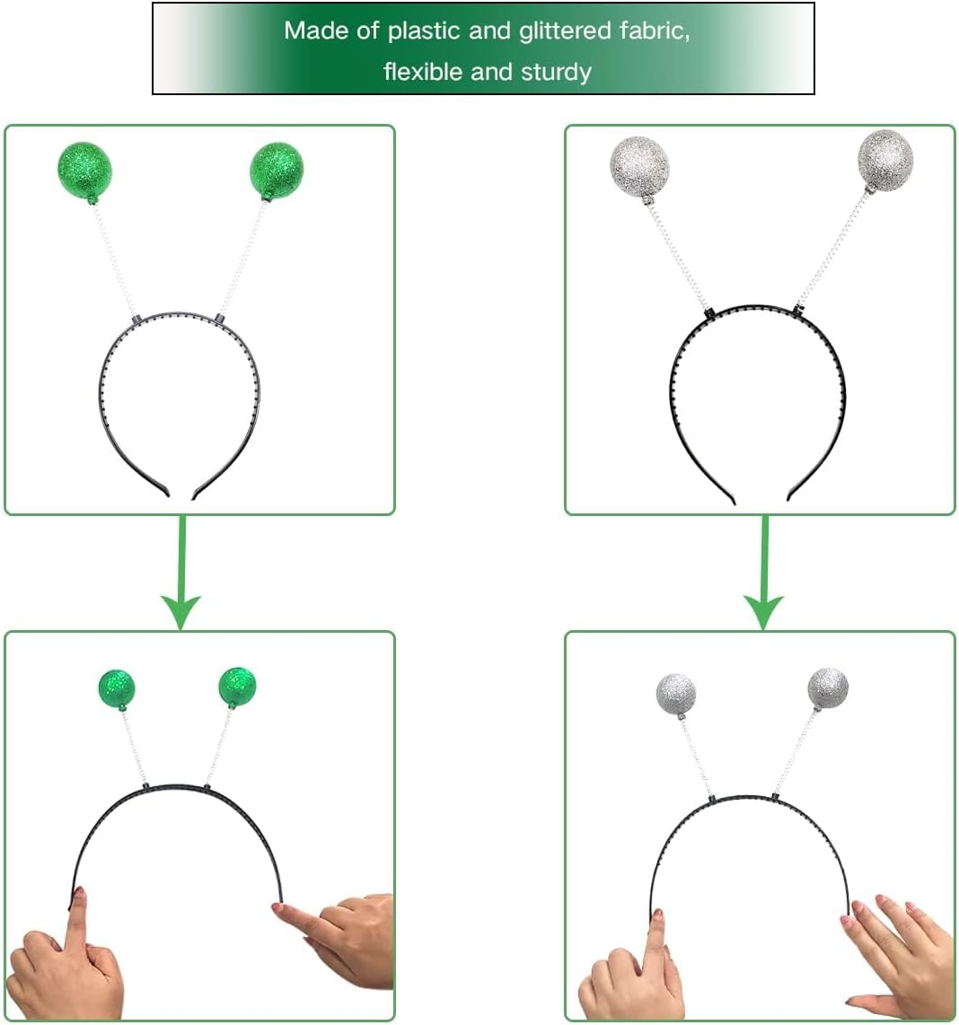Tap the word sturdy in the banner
[x=556, y=72]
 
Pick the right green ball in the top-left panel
[x=277, y=170]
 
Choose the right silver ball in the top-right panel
[x=885, y=160]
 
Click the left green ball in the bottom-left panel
[x=117, y=689]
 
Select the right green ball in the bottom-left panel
[x=237, y=687]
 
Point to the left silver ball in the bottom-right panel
[x=676, y=695]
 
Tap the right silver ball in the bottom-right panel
[x=828, y=689]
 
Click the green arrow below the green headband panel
[x=181, y=573]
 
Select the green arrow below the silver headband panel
[x=763, y=573]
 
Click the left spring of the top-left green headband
[x=114, y=258]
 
